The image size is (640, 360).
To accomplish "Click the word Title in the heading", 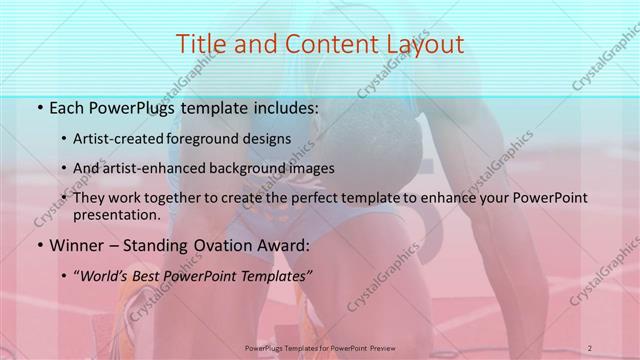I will click(199, 43).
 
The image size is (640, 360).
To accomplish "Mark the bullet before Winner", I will click(38, 244).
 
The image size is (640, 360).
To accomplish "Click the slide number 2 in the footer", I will click(590, 347).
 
